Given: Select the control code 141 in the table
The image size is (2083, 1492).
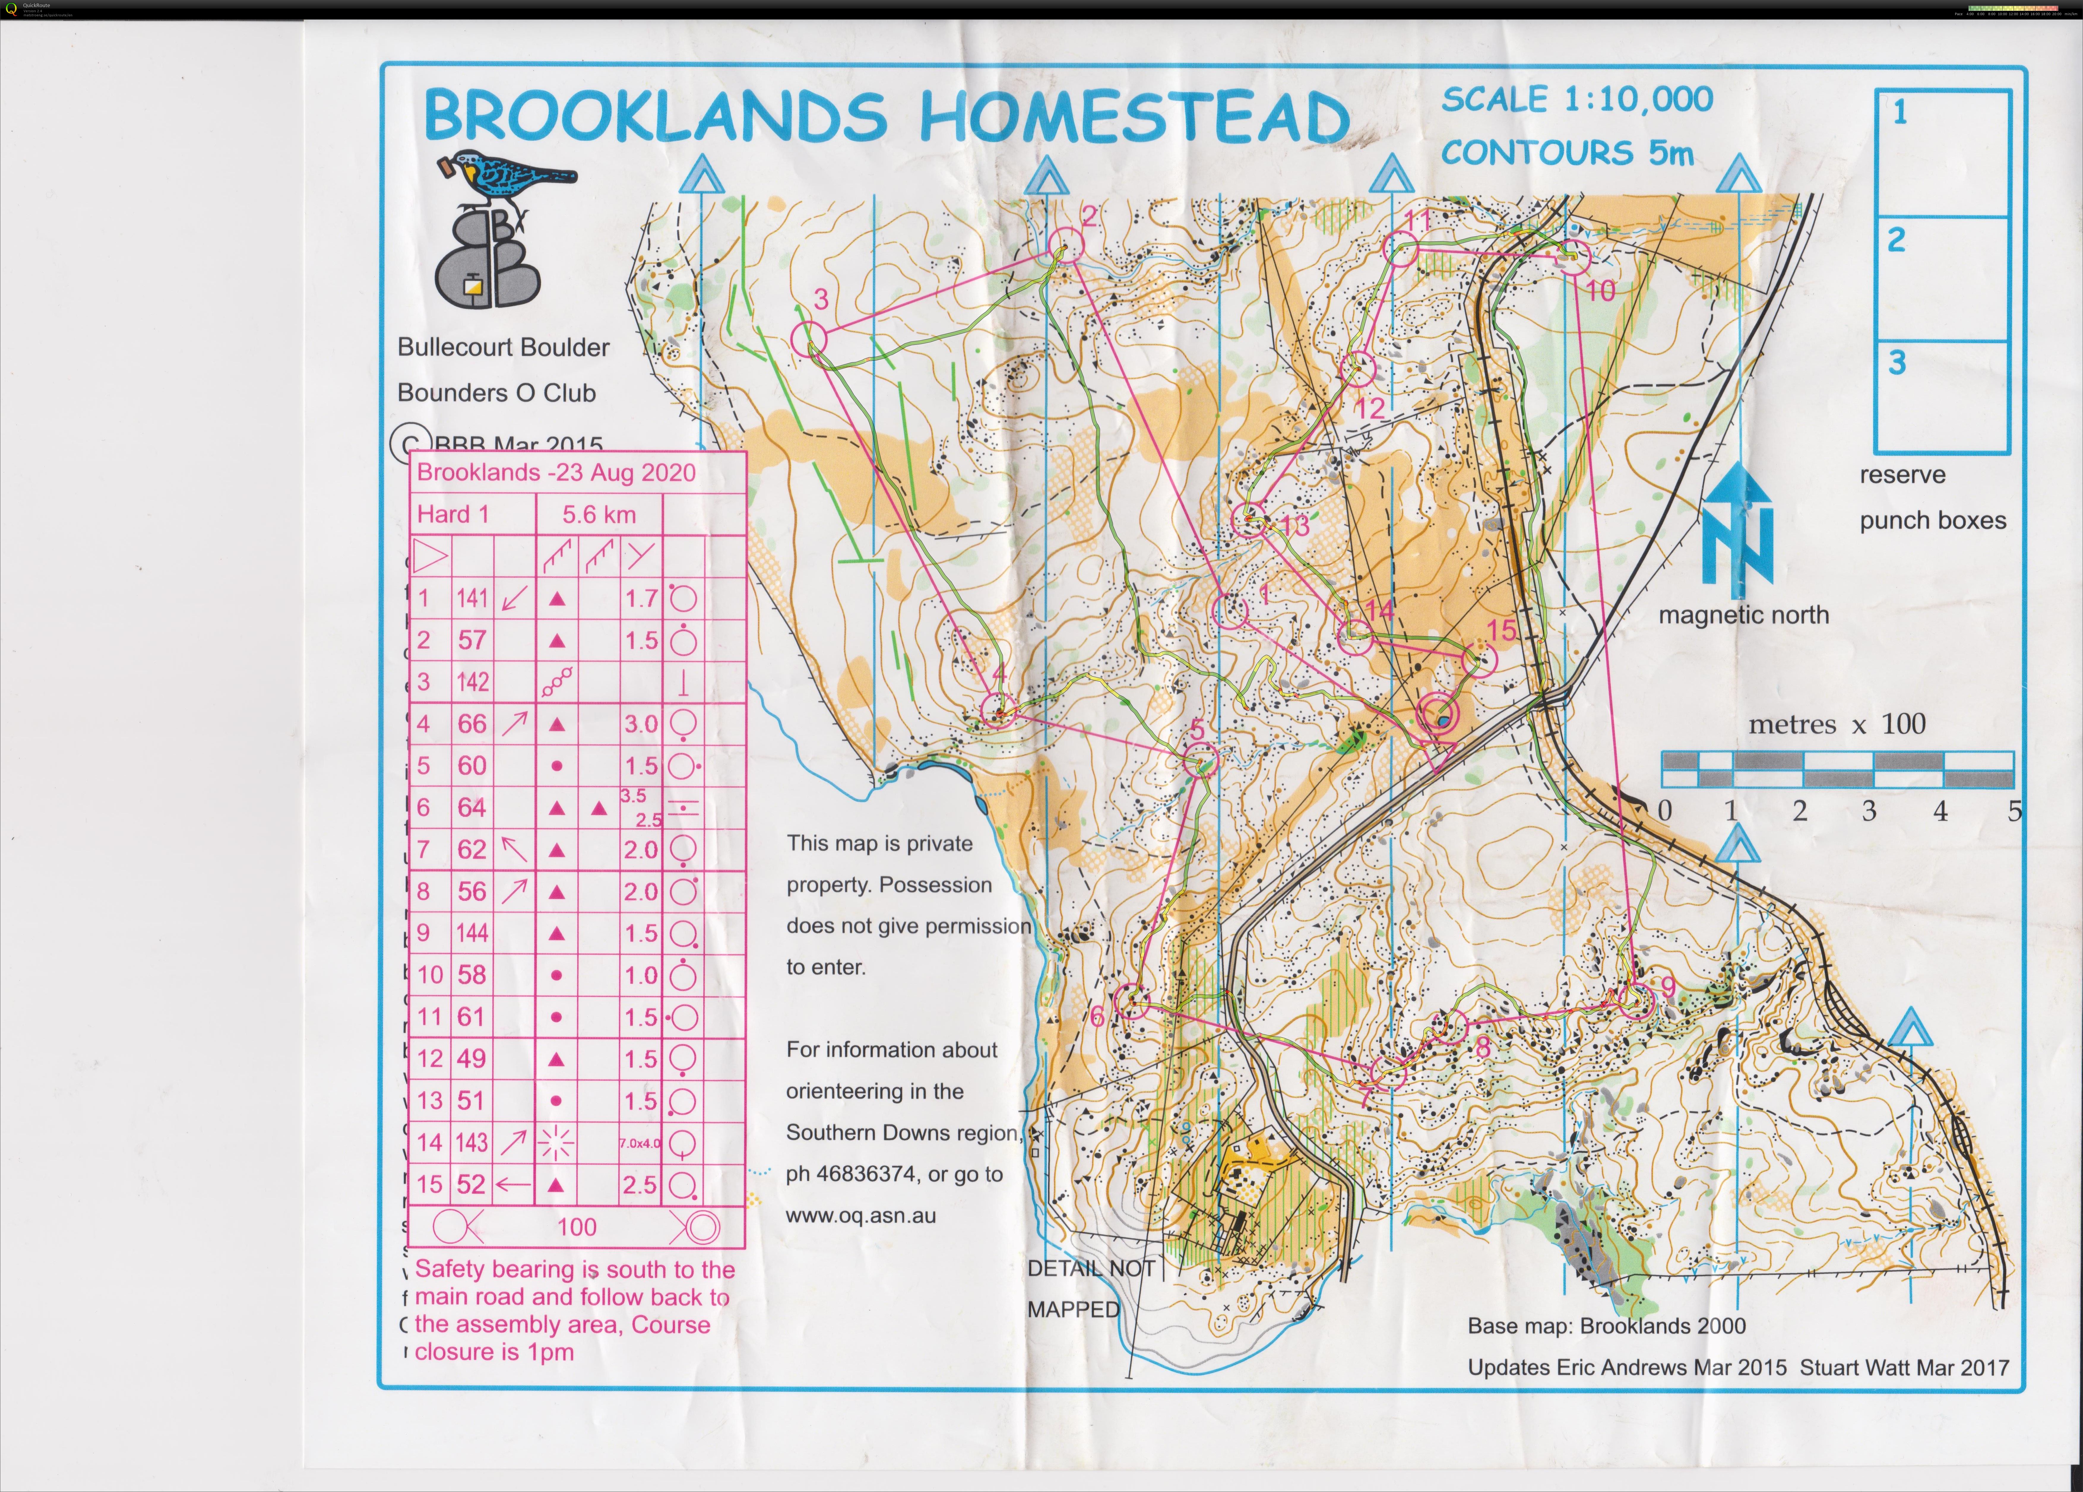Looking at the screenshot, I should click(x=472, y=599).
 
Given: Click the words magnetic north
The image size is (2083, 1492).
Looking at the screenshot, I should click(x=1743, y=615).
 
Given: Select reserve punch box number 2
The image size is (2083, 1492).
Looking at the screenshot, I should click(x=1943, y=279).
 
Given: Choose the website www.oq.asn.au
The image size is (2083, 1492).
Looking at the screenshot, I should click(x=861, y=1216).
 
